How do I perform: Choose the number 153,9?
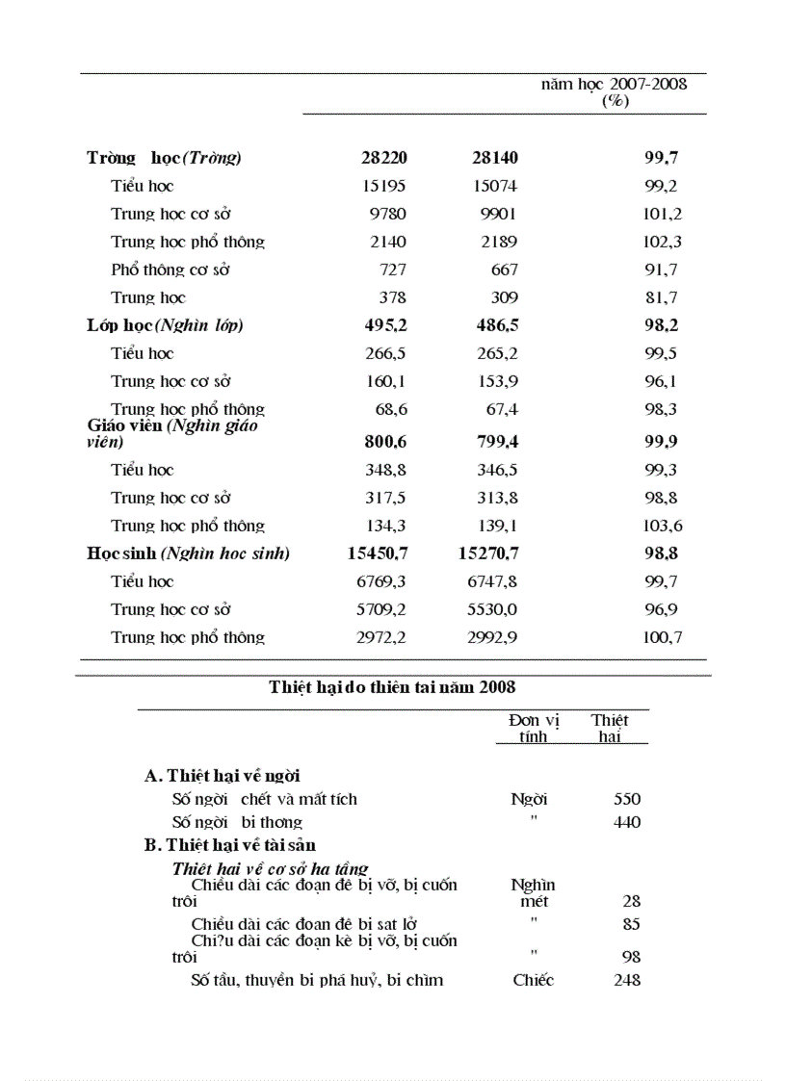tap(497, 381)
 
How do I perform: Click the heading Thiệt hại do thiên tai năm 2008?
tap(392, 687)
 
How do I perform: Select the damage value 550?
tap(627, 799)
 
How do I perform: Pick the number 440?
tap(627, 822)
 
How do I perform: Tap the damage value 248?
tap(627, 980)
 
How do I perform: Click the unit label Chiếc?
tap(534, 980)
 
